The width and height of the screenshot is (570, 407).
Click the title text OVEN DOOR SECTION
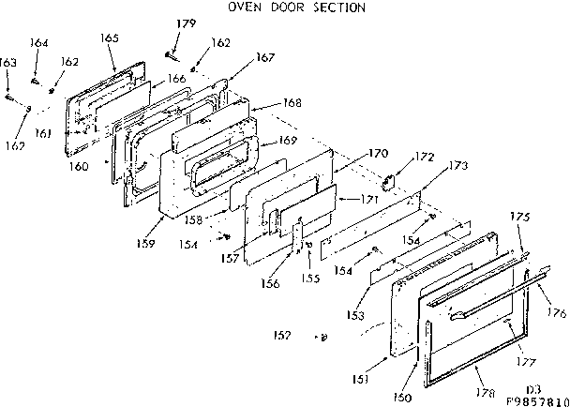pyautogui.click(x=296, y=8)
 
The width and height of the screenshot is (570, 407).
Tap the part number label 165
pyautogui.click(x=109, y=38)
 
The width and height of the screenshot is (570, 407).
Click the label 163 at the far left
pyautogui.click(x=8, y=62)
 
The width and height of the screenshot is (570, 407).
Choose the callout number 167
pyautogui.click(x=265, y=57)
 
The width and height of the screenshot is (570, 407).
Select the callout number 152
pyautogui.click(x=281, y=334)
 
